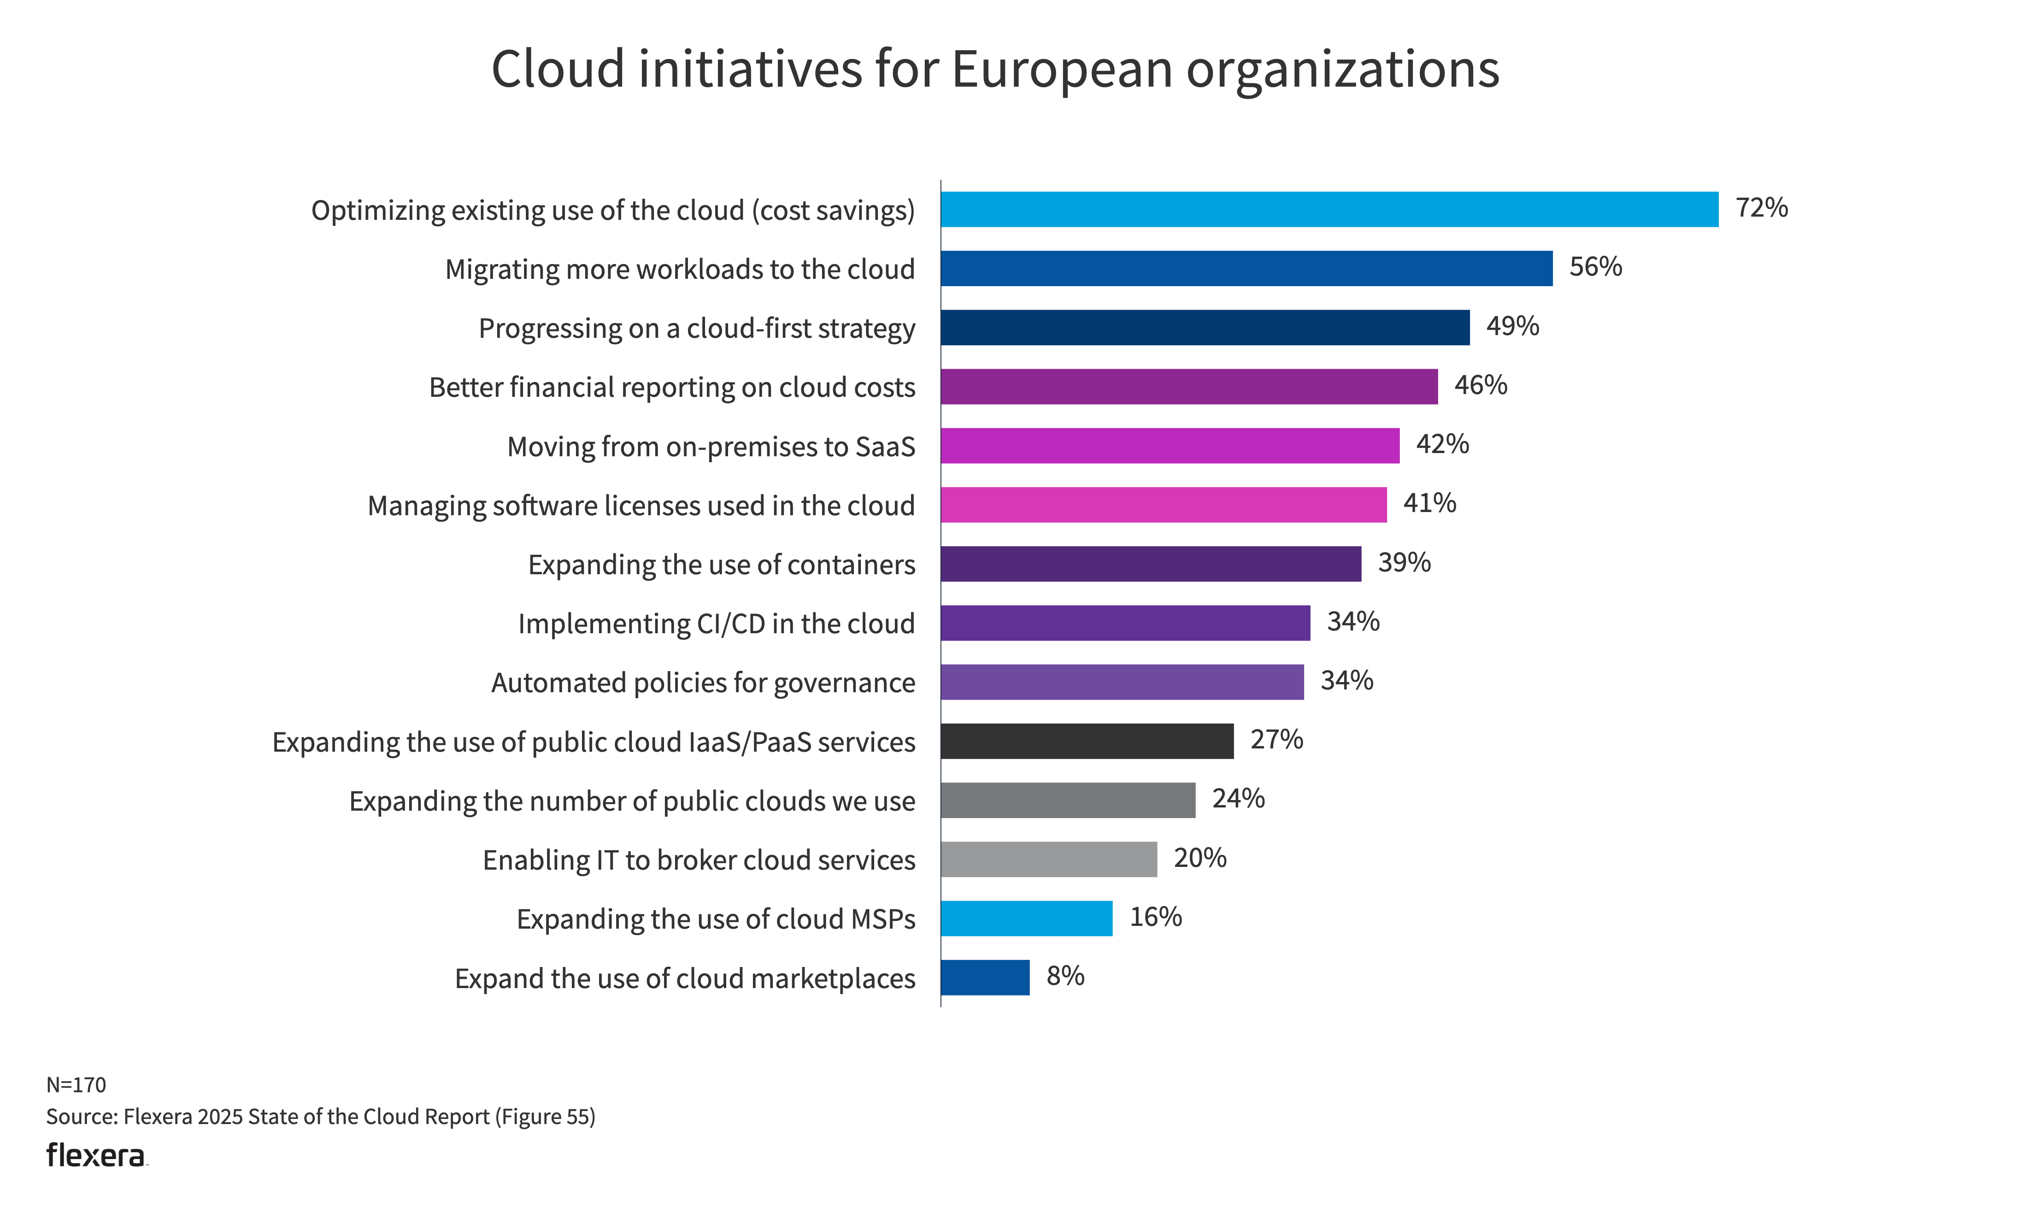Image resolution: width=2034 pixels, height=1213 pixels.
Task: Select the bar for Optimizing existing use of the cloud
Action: [x=1329, y=209]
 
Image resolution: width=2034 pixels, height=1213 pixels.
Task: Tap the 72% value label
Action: [x=1761, y=208]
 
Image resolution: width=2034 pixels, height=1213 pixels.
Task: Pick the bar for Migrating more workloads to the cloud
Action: [x=1246, y=268]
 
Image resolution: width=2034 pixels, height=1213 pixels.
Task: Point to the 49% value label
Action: [x=1512, y=326]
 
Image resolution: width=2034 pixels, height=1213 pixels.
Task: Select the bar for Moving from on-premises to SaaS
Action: [x=1170, y=446]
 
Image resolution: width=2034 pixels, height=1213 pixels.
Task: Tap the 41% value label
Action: [x=1429, y=504]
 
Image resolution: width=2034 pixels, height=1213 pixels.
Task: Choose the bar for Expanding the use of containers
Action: [x=1151, y=564]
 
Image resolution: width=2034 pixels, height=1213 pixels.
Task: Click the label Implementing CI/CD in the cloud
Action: [x=716, y=624]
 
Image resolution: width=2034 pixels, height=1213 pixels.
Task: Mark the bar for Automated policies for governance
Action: [x=1122, y=682]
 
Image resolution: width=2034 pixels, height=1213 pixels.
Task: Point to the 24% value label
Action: [x=1238, y=799]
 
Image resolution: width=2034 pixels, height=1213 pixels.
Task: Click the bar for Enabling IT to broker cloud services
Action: [x=1048, y=859]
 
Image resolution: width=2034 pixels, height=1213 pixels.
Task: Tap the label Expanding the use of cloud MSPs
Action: [x=715, y=919]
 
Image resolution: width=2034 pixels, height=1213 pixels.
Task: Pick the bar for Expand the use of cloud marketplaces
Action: [x=985, y=977]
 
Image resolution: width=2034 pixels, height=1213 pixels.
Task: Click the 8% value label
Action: [x=1065, y=976]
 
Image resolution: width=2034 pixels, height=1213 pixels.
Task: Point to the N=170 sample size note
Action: [x=76, y=1085]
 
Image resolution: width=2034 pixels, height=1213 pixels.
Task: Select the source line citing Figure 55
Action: [x=320, y=1117]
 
